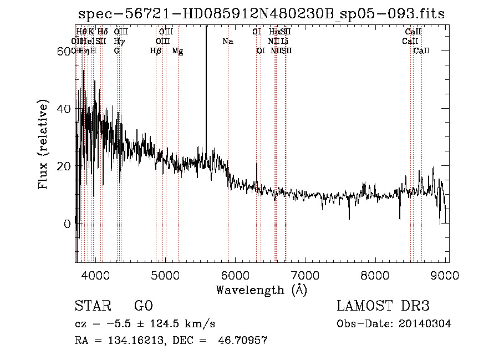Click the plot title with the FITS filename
click(261, 14)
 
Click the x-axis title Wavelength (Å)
click(261, 290)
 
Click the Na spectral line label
click(228, 41)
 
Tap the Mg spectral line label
click(177, 50)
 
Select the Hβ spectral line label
click(156, 50)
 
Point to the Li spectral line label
click(284, 41)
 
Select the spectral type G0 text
click(143, 306)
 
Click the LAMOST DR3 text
click(383, 306)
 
